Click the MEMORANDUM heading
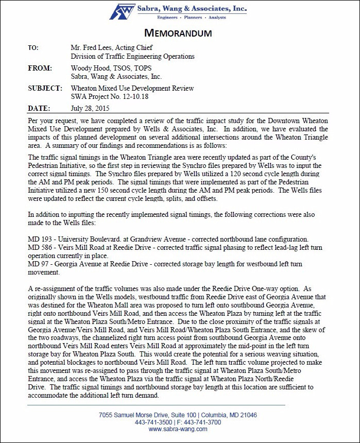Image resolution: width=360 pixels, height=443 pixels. pos(178,33)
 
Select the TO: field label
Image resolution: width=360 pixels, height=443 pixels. pos(33,47)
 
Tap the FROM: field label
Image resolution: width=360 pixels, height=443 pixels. pos(39,68)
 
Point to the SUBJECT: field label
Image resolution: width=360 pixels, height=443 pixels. pos(45,88)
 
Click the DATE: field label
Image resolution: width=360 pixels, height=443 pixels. pos(39,109)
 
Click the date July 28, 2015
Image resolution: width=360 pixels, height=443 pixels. pos(90,109)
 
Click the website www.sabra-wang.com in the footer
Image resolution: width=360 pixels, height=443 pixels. pos(178,429)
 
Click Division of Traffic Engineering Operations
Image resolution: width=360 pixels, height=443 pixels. pos(132,56)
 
